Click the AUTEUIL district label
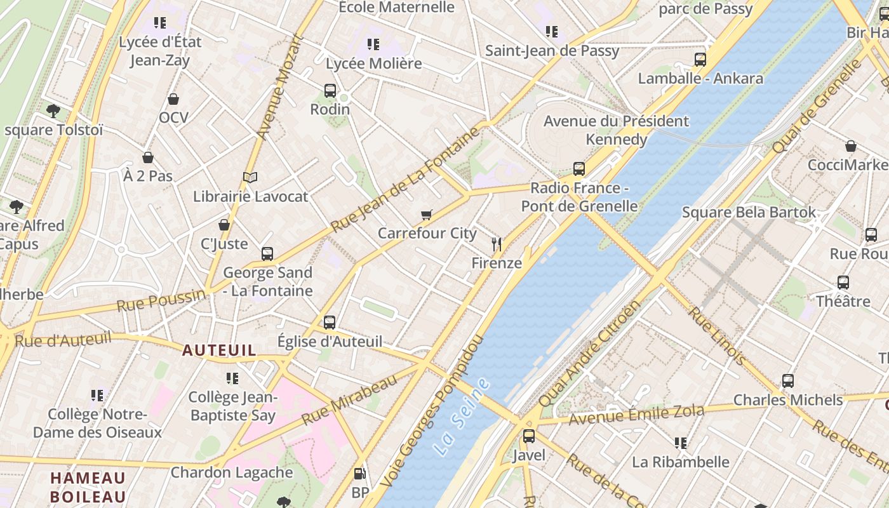(219, 350)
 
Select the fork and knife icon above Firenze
(497, 244)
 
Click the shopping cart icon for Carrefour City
(426, 215)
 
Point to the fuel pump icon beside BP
(359, 474)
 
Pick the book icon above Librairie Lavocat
(250, 178)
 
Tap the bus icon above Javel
(528, 436)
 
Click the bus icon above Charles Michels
(787, 381)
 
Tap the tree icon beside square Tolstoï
(53, 111)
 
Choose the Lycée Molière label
(373, 63)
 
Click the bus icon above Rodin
(330, 91)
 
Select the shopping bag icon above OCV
(173, 99)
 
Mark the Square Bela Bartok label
(749, 212)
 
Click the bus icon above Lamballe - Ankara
(700, 60)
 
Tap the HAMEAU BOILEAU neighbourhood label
(88, 487)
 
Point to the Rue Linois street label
(718, 336)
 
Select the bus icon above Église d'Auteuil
(329, 322)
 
